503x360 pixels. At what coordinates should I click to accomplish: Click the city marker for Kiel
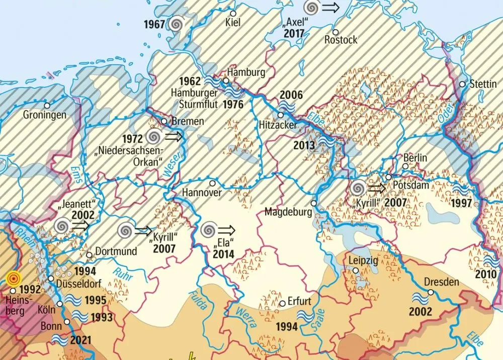coord(233,13)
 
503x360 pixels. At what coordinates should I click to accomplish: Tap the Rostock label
coord(341,39)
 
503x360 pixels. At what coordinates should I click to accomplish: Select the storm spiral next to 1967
coord(176,24)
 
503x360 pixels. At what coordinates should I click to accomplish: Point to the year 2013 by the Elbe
coord(305,145)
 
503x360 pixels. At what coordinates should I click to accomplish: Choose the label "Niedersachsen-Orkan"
coord(130,156)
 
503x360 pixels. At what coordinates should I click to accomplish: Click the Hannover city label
coord(202,193)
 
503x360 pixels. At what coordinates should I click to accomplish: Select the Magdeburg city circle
coord(313,203)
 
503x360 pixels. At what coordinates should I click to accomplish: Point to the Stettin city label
coord(483,84)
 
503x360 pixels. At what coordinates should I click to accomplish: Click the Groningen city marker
coord(47,106)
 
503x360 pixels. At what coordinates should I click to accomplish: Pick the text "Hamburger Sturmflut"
coord(194,99)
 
